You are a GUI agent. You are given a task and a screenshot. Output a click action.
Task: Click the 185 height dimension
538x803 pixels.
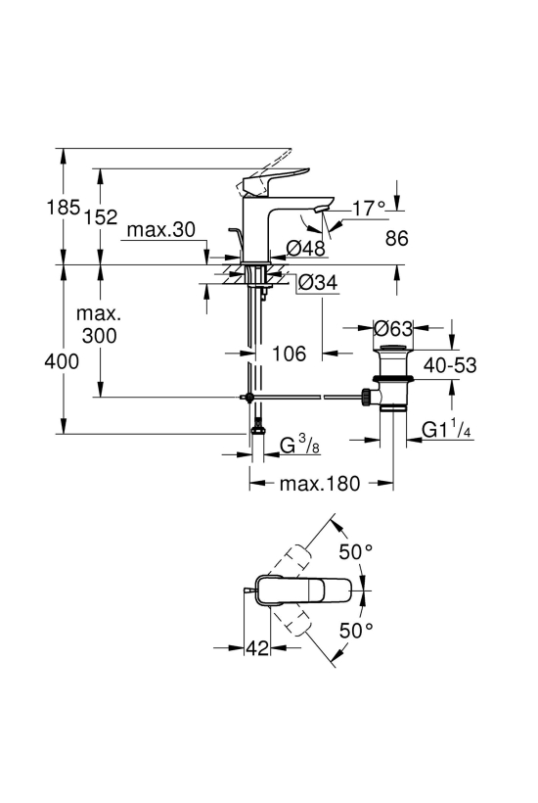pyautogui.click(x=64, y=208)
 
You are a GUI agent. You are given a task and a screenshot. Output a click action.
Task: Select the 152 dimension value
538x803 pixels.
pyautogui.click(x=102, y=216)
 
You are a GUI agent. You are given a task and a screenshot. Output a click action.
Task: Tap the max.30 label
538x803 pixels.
pyautogui.click(x=161, y=230)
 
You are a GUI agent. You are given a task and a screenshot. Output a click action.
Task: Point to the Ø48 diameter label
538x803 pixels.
pyautogui.click(x=305, y=249)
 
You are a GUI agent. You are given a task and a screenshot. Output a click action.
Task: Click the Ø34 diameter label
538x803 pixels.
pyautogui.click(x=318, y=282)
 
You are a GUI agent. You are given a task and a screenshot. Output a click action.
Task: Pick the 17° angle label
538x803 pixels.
pyautogui.click(x=369, y=209)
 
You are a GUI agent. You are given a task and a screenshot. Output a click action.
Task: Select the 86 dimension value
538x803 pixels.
pyautogui.click(x=397, y=238)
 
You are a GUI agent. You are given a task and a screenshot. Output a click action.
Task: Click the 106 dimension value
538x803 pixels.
pyautogui.click(x=289, y=354)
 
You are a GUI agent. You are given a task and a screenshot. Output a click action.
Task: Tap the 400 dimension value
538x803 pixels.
pyautogui.click(x=62, y=361)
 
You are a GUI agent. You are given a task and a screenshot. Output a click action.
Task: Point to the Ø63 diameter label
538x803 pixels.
pyautogui.click(x=393, y=328)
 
